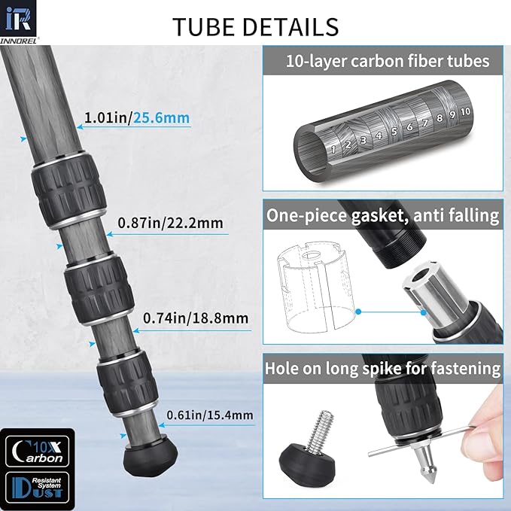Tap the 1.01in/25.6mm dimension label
point(136,118)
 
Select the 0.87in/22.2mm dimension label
point(169,223)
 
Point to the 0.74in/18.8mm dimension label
point(196,318)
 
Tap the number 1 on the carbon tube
point(333,148)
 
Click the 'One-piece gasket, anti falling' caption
point(382,216)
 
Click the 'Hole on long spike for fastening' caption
point(382,368)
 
